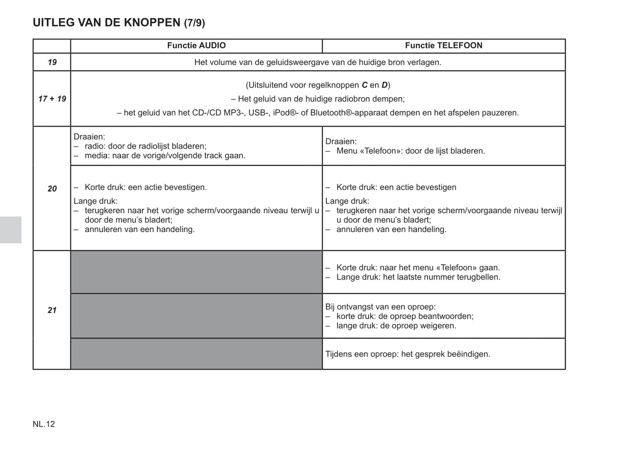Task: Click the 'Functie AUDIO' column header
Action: coord(196,46)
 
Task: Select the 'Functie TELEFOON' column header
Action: coord(443,46)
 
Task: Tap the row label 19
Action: coord(52,62)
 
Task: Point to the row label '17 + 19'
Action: coord(52,99)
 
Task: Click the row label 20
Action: coord(52,189)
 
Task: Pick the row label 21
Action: coord(52,310)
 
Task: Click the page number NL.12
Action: coord(44,424)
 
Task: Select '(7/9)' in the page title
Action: coord(194,23)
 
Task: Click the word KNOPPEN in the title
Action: coord(153,22)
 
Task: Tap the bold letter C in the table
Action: coord(364,85)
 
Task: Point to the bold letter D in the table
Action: coord(385,85)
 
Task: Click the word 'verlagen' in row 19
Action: coord(424,62)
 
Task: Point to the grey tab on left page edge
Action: coord(11,230)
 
